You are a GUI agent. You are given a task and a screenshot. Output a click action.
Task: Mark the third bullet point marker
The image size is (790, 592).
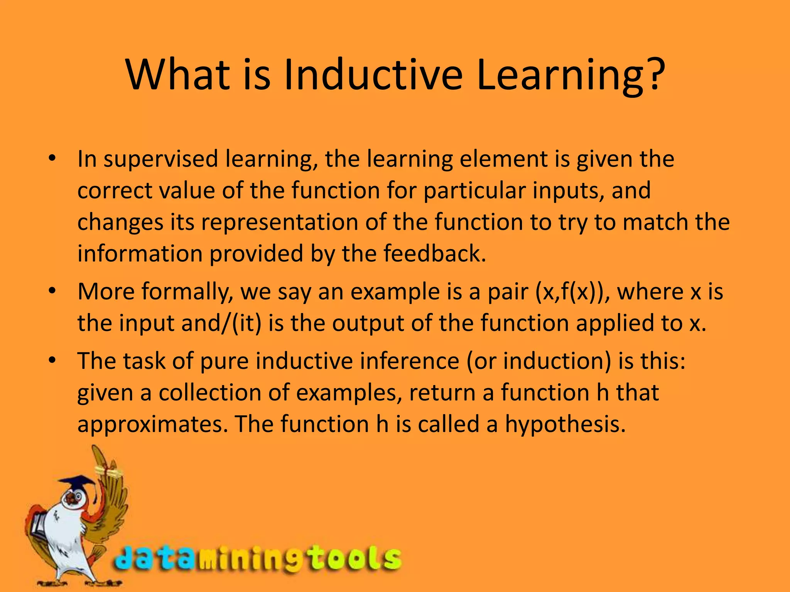53,360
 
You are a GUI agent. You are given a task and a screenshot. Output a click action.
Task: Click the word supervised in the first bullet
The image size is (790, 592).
161,159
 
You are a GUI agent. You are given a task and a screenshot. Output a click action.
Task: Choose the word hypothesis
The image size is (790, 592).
565,424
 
